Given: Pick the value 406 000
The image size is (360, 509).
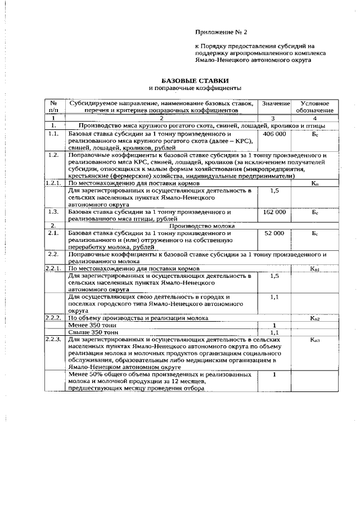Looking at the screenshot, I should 274,136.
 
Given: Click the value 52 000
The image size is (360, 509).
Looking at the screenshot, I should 274,233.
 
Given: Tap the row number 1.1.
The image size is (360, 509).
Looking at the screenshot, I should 53,135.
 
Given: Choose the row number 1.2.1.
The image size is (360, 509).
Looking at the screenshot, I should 53,183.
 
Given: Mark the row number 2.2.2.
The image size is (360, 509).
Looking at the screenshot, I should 53,318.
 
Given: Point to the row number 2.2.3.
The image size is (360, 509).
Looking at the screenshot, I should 53,339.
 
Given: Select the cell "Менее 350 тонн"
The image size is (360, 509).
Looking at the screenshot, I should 89,325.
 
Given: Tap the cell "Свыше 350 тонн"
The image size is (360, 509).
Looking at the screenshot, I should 89,332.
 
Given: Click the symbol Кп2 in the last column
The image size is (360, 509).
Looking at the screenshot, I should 315,318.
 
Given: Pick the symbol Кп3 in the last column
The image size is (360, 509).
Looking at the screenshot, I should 315,340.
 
